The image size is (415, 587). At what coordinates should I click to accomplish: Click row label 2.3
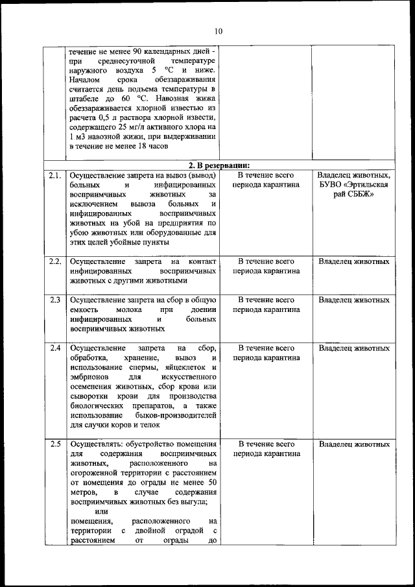(x=54, y=300)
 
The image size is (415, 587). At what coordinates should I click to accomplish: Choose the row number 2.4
(x=54, y=348)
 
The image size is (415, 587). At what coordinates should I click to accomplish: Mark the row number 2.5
(x=54, y=444)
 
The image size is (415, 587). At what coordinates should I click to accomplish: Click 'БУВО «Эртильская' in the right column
(x=354, y=185)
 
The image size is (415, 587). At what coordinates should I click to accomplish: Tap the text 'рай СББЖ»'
(x=354, y=195)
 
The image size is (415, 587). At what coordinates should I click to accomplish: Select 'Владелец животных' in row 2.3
(x=354, y=300)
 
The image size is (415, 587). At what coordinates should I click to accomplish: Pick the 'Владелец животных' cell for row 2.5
(x=354, y=444)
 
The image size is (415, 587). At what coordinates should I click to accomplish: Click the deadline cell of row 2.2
(x=266, y=266)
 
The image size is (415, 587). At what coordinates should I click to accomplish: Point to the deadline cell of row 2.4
(x=266, y=353)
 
